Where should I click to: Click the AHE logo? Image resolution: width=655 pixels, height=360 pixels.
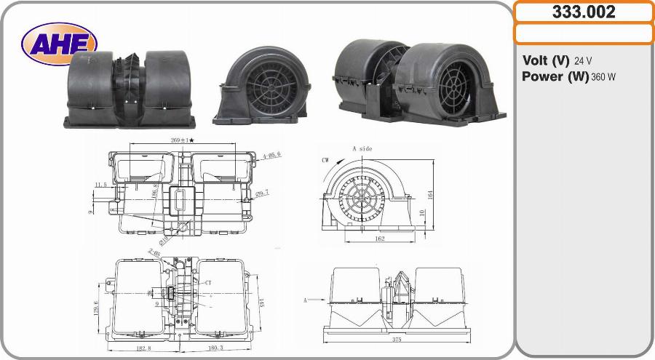[58, 43]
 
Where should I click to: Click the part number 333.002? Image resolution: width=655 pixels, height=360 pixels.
[584, 12]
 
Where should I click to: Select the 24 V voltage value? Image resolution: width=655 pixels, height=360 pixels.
[583, 61]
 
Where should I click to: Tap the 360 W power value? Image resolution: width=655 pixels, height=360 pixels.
[603, 77]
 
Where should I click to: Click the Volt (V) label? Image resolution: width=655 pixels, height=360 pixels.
[546, 60]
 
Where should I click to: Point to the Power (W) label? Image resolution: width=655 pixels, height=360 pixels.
[555, 76]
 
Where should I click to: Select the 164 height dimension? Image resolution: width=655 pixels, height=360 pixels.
[429, 194]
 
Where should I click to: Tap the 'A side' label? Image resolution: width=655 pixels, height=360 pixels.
[362, 148]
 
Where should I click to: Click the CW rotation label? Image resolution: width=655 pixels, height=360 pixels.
[325, 159]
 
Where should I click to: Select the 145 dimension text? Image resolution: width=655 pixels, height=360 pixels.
[259, 303]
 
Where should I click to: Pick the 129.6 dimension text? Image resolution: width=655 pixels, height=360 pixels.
[95, 308]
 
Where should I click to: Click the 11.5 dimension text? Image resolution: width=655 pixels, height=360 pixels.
[101, 185]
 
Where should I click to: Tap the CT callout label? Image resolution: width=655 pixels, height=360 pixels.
[207, 281]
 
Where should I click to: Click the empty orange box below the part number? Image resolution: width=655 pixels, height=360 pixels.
[584, 33]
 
